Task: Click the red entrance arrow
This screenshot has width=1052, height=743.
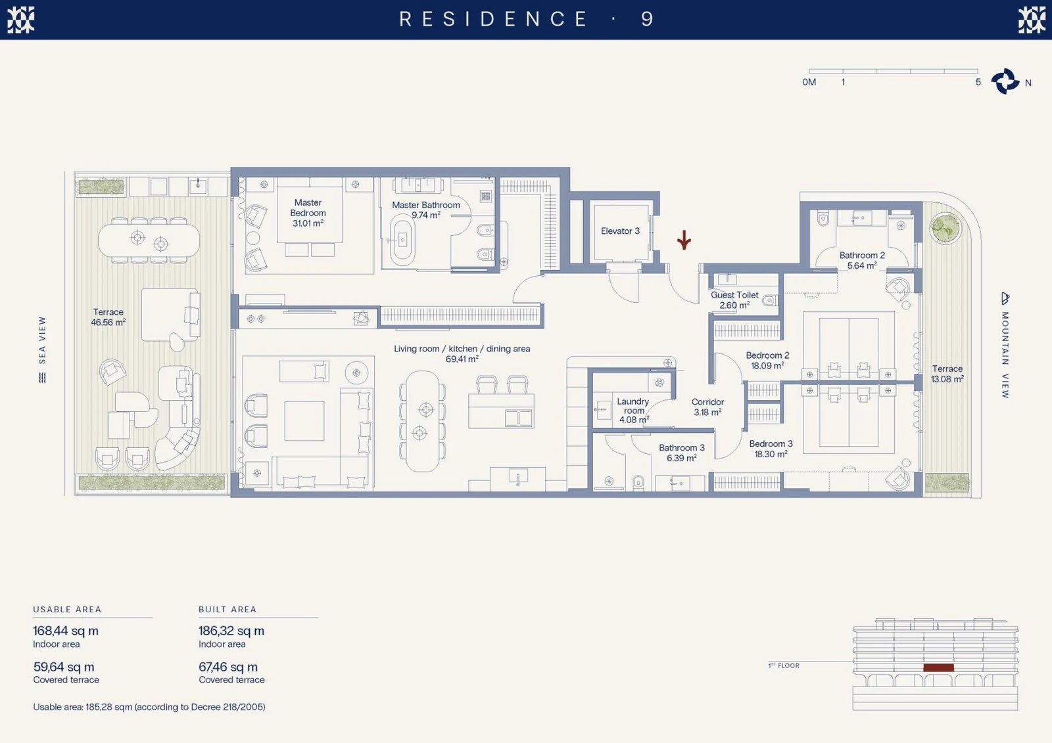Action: (684, 239)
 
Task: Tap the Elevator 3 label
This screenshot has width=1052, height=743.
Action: (620, 231)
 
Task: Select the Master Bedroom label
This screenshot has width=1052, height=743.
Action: (308, 213)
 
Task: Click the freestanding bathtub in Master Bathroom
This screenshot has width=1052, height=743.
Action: (402, 240)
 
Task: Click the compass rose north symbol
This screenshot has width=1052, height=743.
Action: (1005, 81)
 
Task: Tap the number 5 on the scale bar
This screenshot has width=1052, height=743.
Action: (978, 82)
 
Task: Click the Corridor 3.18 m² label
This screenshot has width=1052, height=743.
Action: (707, 407)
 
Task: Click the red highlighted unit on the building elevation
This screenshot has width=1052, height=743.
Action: (938, 667)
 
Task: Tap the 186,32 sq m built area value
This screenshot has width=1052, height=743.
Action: (231, 631)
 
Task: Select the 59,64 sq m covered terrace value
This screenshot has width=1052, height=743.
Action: (63, 667)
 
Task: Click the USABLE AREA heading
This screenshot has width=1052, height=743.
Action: (67, 609)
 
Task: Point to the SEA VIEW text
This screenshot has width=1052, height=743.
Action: (42, 340)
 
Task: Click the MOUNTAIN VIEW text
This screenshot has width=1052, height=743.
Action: (1005, 355)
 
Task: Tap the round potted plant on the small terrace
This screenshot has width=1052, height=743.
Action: (945, 228)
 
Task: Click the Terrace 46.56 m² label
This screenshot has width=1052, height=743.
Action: (108, 317)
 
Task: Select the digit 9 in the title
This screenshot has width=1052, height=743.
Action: (647, 19)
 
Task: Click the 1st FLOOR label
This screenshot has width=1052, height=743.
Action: (784, 665)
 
